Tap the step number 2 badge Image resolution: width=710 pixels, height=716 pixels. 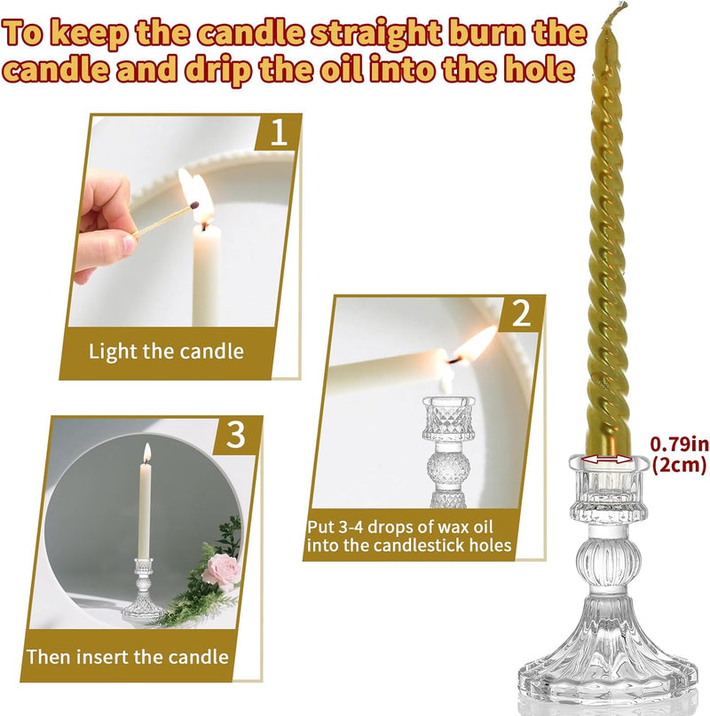[x=521, y=314]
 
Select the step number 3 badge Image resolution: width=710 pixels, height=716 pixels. [x=236, y=434]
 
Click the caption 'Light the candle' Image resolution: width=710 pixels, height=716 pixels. [x=166, y=351]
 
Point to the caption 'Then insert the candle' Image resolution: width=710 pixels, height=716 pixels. [x=128, y=657]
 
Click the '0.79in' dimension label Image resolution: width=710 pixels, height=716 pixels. [x=679, y=444]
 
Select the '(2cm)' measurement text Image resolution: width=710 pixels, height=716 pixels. [x=679, y=465]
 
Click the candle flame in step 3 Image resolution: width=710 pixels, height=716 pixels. [x=147, y=452]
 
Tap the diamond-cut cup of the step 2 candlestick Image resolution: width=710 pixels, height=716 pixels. [x=449, y=419]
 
